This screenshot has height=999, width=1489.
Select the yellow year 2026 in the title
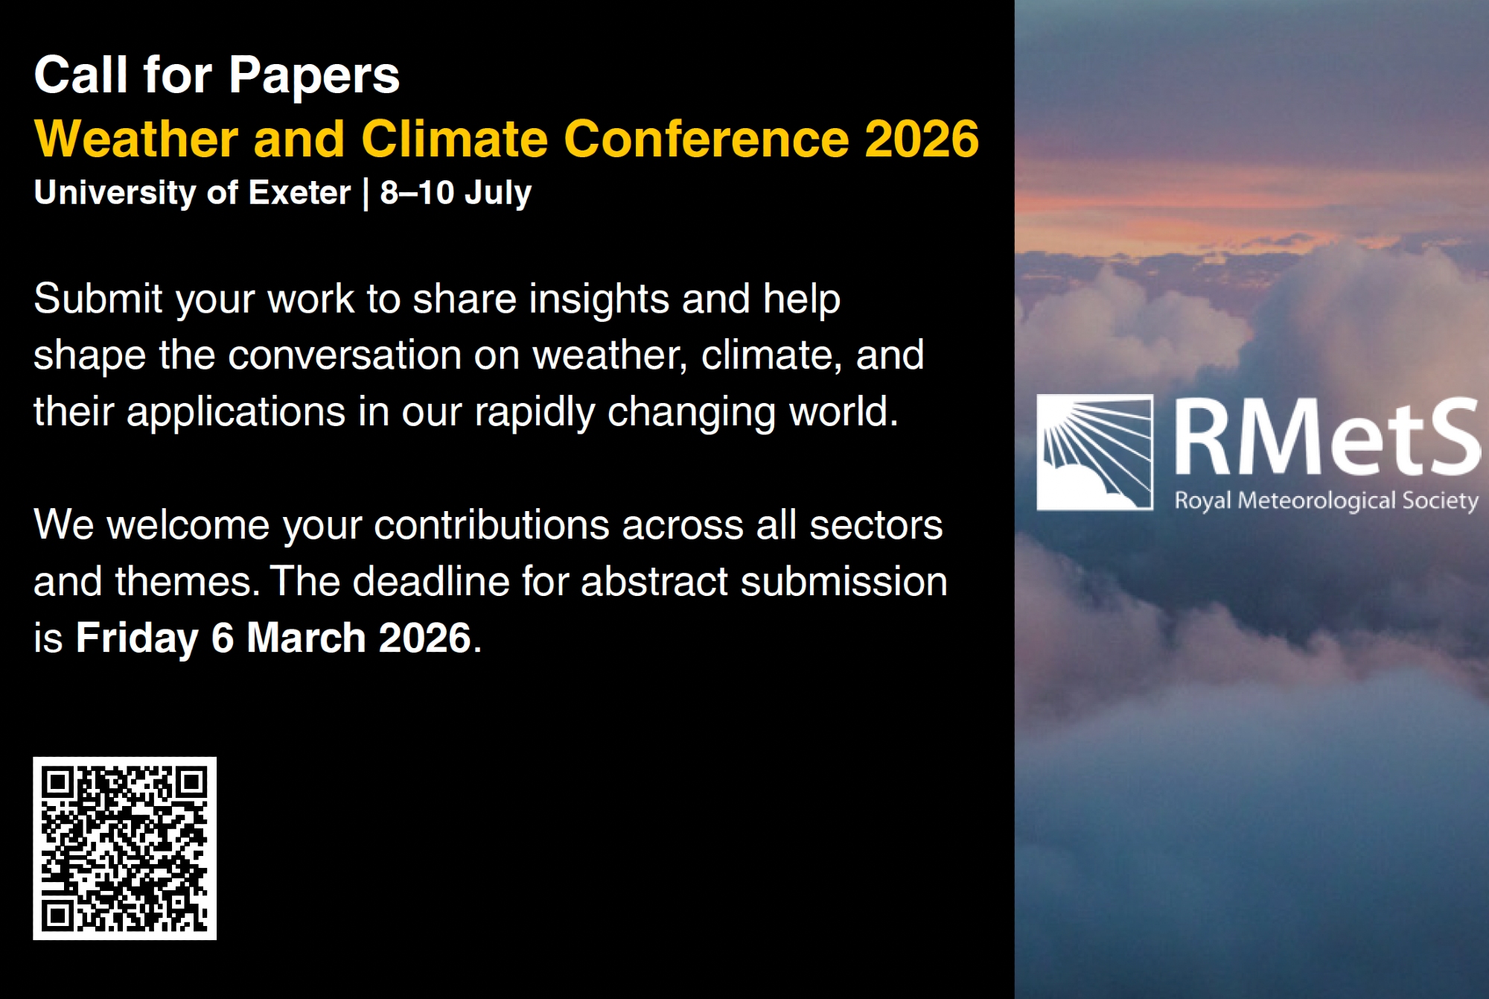pos(922,139)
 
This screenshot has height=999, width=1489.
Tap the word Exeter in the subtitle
pos(299,192)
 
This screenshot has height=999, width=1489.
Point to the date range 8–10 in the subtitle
pos(417,192)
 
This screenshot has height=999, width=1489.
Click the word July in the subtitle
pos(498,194)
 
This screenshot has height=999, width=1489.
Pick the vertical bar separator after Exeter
pos(366,194)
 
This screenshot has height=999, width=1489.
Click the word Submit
pos(98,299)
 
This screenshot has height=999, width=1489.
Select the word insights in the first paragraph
pos(599,299)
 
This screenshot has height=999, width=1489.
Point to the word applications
pos(236,412)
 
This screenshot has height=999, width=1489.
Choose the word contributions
pos(491,525)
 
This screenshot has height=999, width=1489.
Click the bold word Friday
pos(138,638)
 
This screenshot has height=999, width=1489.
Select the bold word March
pos(306,638)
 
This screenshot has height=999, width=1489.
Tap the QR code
pos(124,849)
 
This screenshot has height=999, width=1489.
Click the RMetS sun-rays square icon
pos(1094,452)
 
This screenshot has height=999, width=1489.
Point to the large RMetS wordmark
pos(1327,437)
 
